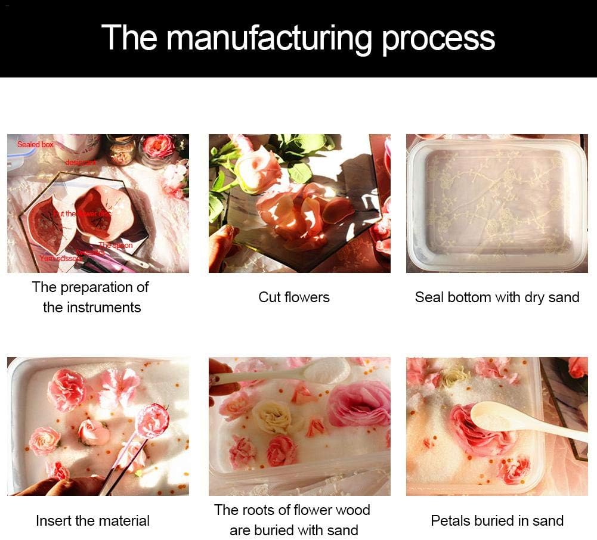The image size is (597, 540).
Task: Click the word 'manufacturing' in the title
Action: coord(269,38)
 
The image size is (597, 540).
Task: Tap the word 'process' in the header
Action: coord(438,39)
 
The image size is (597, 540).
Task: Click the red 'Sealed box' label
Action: coord(35,145)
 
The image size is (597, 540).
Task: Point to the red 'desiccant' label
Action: coord(81,162)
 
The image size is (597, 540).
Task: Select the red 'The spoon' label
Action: coord(116,246)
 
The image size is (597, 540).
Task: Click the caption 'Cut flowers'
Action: coord(293,297)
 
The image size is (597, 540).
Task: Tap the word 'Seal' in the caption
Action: coord(430,297)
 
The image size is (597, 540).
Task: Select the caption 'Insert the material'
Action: coord(92,520)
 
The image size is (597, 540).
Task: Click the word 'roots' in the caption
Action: coord(271,510)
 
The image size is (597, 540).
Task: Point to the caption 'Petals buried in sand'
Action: coord(497,520)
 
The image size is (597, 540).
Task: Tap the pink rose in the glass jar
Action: coord(159,146)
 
